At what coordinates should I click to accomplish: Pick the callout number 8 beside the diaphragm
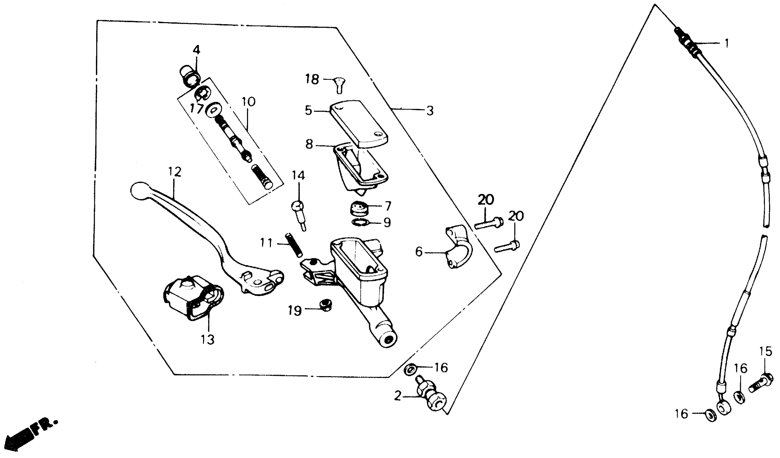click(309, 144)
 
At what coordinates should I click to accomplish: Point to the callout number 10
click(249, 102)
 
